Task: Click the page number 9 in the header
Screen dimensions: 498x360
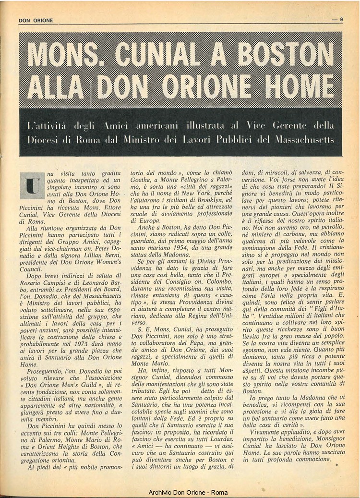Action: pyautogui.click(x=341, y=20)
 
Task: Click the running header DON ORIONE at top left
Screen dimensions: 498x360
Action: pyautogui.click(x=36, y=20)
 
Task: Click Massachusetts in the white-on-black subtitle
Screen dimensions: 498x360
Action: pyautogui.click(x=301, y=141)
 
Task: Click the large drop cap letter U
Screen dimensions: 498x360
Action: pyautogui.click(x=33, y=185)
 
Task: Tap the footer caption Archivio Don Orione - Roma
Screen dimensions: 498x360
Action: pyautogui.click(x=188, y=492)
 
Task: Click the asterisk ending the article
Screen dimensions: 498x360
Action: pyautogui.click(x=336, y=465)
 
